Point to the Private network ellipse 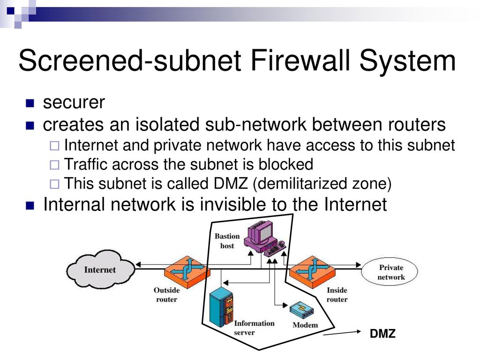[390, 272]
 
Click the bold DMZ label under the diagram [382, 334]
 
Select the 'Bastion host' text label [227, 241]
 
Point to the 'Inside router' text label [337, 294]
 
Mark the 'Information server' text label [254, 328]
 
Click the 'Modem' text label [305, 325]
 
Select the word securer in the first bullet [74, 103]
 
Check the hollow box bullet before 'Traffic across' [54, 165]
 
